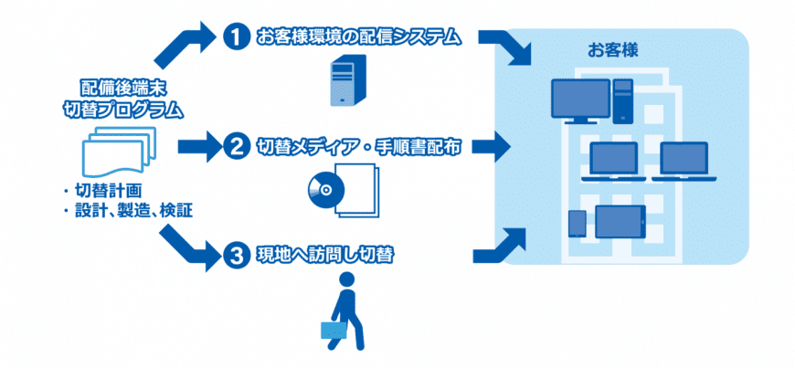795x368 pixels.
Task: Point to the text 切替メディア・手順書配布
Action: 358,145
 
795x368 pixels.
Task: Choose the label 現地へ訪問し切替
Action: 324,255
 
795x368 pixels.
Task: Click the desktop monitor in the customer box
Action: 580,100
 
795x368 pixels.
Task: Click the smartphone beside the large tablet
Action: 577,222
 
